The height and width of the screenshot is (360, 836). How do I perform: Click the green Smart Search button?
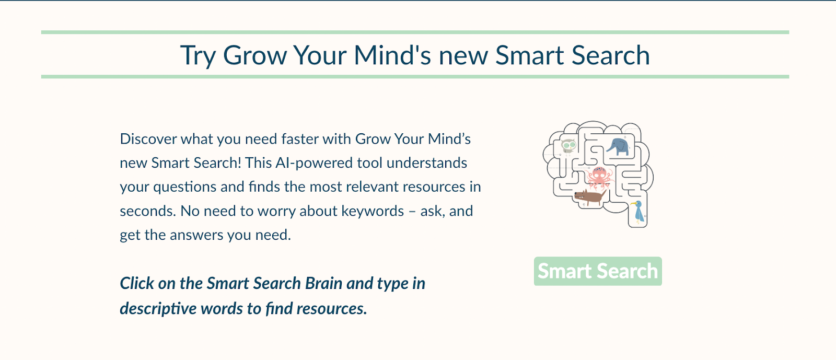598,271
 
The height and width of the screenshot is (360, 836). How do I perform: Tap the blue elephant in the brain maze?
618,147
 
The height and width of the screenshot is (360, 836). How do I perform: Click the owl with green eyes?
568,146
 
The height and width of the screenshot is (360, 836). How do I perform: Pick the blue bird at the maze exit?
638,212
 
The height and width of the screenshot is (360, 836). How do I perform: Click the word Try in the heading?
198,55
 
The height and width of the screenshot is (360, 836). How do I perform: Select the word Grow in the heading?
254,55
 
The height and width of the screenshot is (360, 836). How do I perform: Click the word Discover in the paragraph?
148,139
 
